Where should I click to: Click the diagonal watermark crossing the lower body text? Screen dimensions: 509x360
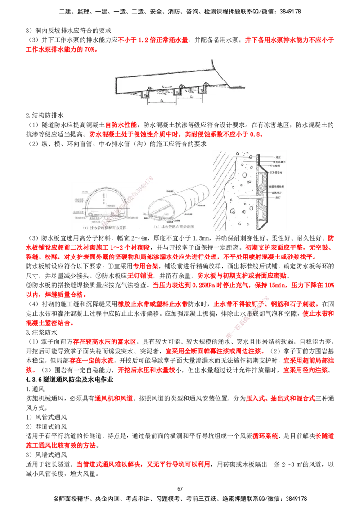pos(250,317)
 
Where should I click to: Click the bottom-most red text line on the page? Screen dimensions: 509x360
pos(143,464)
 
